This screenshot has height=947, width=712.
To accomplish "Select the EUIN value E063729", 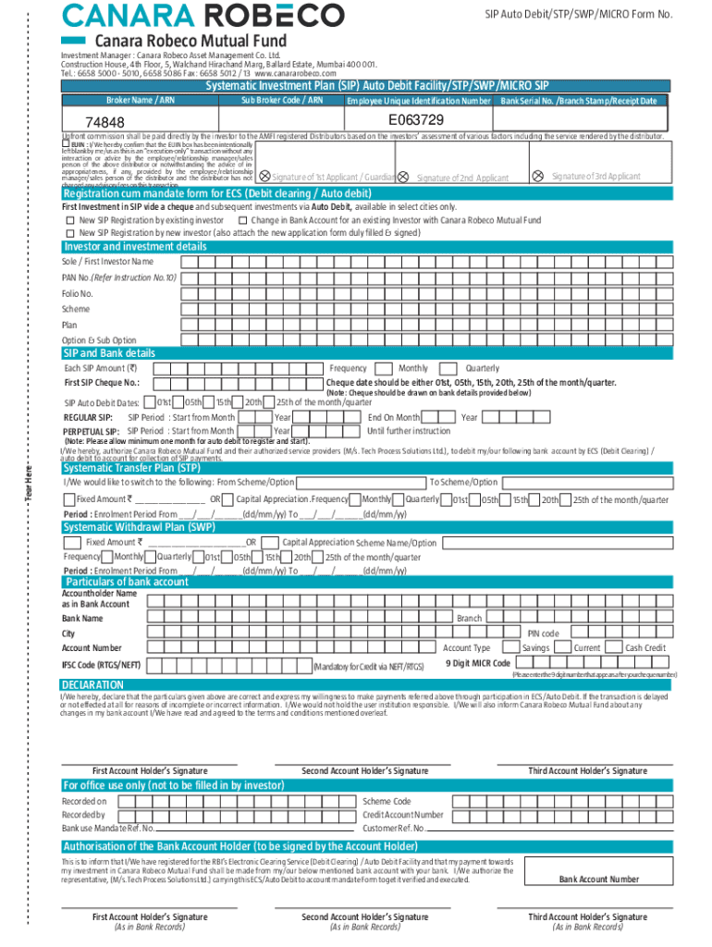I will point(416,121).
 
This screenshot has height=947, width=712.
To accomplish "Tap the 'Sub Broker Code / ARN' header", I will point(281,100).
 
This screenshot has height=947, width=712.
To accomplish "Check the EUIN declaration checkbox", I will point(66,144).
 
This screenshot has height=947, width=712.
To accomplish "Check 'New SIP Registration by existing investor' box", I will point(70,221).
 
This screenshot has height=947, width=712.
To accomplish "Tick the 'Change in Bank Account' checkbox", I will point(242,221).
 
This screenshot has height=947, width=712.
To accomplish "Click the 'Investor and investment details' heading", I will point(135,247).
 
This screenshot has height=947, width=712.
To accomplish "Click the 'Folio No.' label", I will point(77,293).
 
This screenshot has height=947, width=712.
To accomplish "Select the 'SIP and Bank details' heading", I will point(108,353).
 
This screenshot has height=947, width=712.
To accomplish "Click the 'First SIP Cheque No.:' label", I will point(102,383).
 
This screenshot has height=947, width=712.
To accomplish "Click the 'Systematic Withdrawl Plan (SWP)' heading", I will point(139,527).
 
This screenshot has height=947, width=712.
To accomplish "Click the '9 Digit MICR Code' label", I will point(477,663).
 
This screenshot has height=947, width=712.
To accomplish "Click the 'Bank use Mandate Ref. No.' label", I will point(107,828).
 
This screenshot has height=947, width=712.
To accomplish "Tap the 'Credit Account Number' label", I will point(403,815).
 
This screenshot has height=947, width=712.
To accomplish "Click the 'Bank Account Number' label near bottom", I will point(598,879).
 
